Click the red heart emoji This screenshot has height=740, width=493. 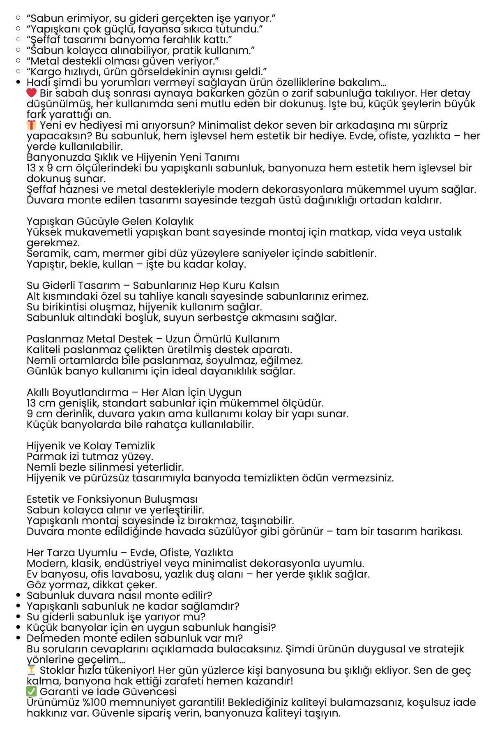coord(32,93)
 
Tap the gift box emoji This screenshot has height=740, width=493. coord(32,125)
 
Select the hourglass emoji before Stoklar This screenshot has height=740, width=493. coord(32,670)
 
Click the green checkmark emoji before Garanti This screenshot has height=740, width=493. coord(32,691)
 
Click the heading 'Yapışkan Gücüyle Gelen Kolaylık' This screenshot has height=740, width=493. coord(110,221)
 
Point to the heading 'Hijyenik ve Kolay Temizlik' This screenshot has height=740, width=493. coord(91,446)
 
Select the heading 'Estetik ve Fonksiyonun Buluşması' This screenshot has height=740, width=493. coord(112,499)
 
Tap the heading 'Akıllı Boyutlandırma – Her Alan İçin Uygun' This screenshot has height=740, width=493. coord(134,392)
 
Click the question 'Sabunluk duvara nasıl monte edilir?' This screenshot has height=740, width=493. coord(119,595)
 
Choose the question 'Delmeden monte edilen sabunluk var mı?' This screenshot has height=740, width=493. coord(135,638)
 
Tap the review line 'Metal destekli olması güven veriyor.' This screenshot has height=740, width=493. coord(122,61)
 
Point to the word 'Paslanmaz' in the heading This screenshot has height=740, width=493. coord(55,339)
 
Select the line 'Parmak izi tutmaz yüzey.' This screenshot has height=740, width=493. coord(90,456)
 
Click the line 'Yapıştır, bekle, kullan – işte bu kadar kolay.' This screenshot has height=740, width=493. coord(136,264)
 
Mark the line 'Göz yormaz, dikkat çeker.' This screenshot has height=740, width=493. coord(92,585)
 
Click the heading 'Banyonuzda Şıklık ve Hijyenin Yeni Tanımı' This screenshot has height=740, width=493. coord(133,157)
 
